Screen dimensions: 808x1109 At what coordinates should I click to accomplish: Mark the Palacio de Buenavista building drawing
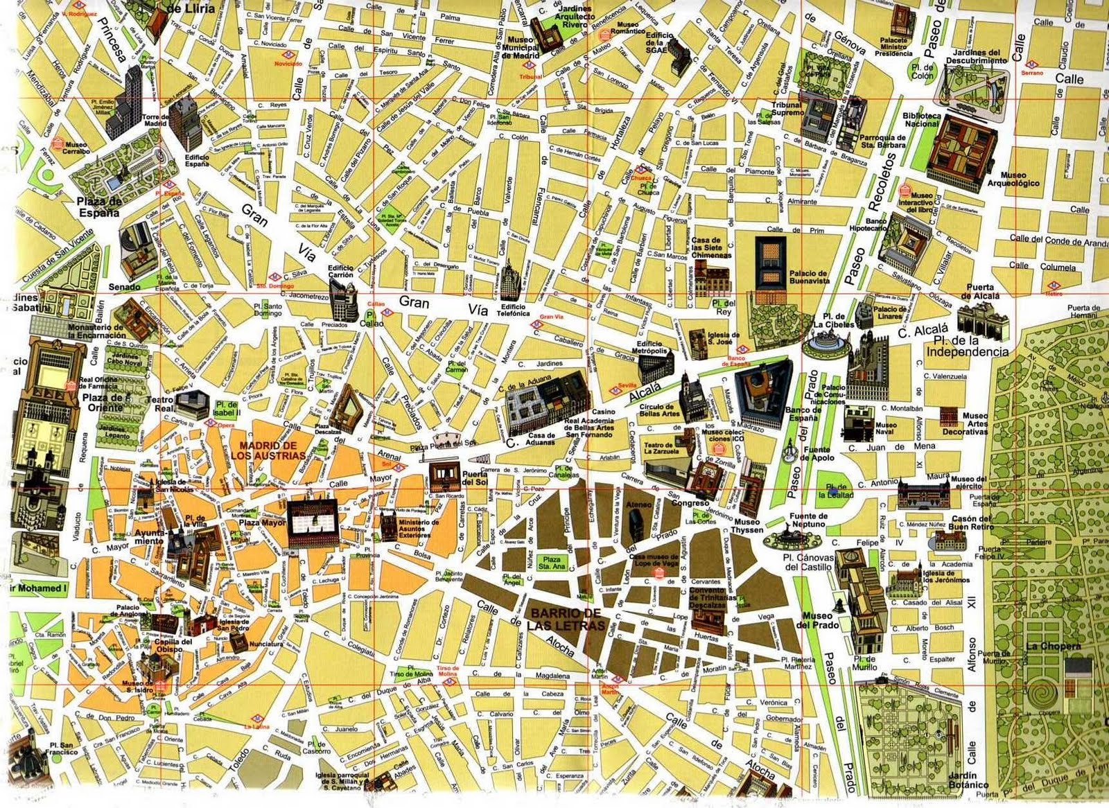(x=771, y=263)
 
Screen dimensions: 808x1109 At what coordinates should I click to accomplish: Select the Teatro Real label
(x=159, y=405)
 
